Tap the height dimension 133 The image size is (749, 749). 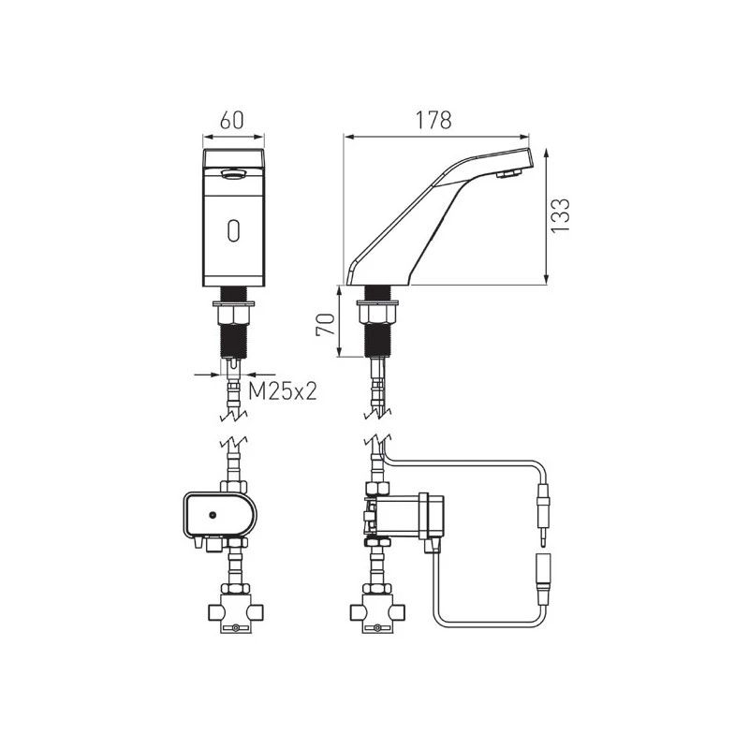click(559, 215)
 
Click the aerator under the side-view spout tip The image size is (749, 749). click(508, 174)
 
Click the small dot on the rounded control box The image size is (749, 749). click(213, 516)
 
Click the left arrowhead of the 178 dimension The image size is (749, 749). click(347, 136)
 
